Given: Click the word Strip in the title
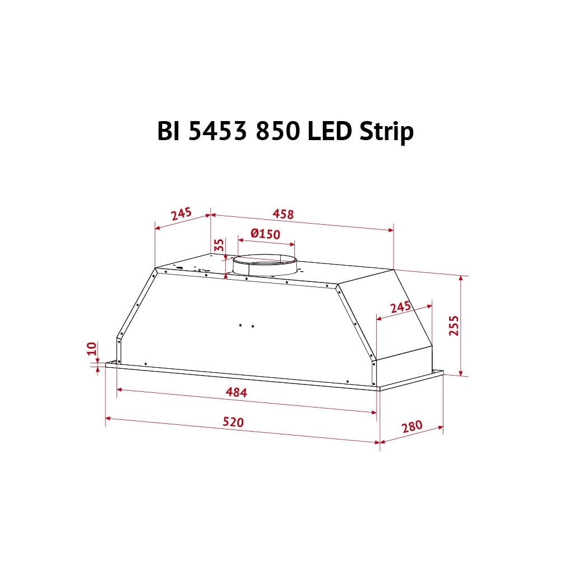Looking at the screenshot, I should point(386,132).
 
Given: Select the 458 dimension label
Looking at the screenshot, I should point(283,214).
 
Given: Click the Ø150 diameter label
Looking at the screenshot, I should point(265,234).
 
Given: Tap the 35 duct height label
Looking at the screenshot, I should point(219,245).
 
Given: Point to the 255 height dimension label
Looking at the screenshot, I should point(453,325).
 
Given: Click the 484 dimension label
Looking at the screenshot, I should point(236,392).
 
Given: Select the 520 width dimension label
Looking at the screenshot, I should point(233,422).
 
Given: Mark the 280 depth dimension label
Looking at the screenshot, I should point(412,427).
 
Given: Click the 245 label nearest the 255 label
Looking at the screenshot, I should point(400,307).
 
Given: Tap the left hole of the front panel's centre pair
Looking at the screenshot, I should point(240,325).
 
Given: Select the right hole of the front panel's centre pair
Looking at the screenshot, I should point(252,326).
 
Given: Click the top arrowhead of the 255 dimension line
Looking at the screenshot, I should point(461,278).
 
